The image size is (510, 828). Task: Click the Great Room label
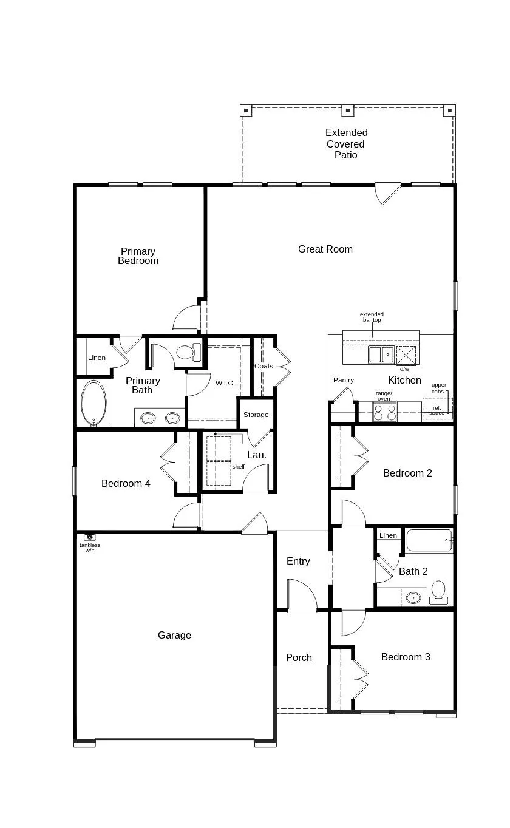coord(325,249)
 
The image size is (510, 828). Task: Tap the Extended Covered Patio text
coord(346,144)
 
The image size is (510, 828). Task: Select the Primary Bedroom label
coord(138,256)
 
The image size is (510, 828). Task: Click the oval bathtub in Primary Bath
coord(93,403)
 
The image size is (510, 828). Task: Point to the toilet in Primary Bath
coord(188,352)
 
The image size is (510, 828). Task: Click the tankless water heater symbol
coord(90,537)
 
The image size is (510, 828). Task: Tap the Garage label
coord(174,635)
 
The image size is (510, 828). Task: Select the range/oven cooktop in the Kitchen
coord(384,413)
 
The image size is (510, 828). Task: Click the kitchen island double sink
coord(381,355)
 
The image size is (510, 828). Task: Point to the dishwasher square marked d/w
coord(407,355)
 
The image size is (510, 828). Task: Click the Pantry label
coord(344,380)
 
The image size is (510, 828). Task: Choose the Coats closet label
coord(263,366)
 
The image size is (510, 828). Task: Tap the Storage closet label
coord(256,415)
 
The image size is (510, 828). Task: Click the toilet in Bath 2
coord(438,592)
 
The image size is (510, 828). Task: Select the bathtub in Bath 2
coord(429,540)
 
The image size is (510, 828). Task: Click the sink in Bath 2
coord(413,597)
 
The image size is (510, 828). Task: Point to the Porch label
coord(299,657)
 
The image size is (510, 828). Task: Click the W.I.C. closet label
coord(225,383)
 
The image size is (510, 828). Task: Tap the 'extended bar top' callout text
coord(372,317)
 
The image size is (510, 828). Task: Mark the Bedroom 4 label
coord(126,484)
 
